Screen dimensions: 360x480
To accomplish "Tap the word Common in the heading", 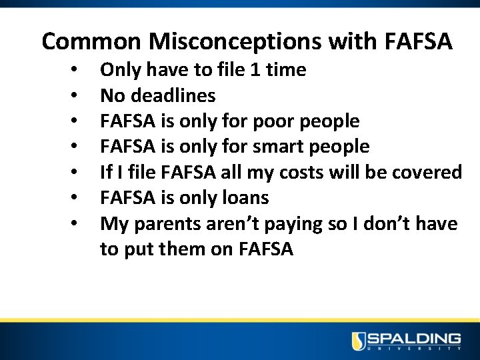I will pos(91,42).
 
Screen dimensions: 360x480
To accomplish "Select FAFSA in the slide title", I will pos(419,42).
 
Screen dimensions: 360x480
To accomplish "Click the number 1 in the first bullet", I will pos(255,69).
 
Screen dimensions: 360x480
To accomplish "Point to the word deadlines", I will pos(173,95).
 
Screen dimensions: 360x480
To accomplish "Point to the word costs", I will pos(283,172).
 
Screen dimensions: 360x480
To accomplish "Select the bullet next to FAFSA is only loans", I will pos(78,199).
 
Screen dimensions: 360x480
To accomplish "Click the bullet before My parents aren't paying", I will pos(78,225).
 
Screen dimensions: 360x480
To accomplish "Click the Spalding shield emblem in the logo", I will pos(359,341).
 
